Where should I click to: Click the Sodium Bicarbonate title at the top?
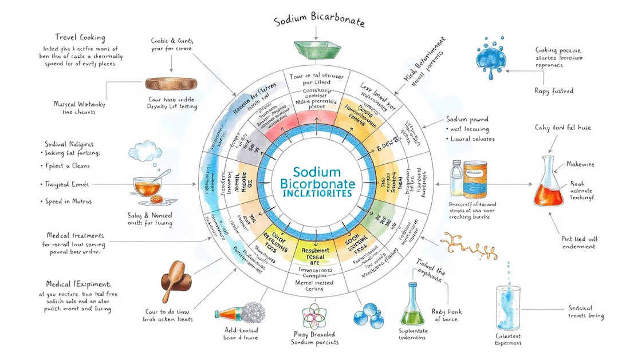(319, 22)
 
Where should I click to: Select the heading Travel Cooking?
(80, 38)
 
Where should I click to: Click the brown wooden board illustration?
(171, 84)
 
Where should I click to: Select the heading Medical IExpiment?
(78, 284)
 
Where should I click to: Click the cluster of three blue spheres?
(367, 314)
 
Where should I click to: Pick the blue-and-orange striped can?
(475, 179)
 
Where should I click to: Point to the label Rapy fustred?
(554, 90)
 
